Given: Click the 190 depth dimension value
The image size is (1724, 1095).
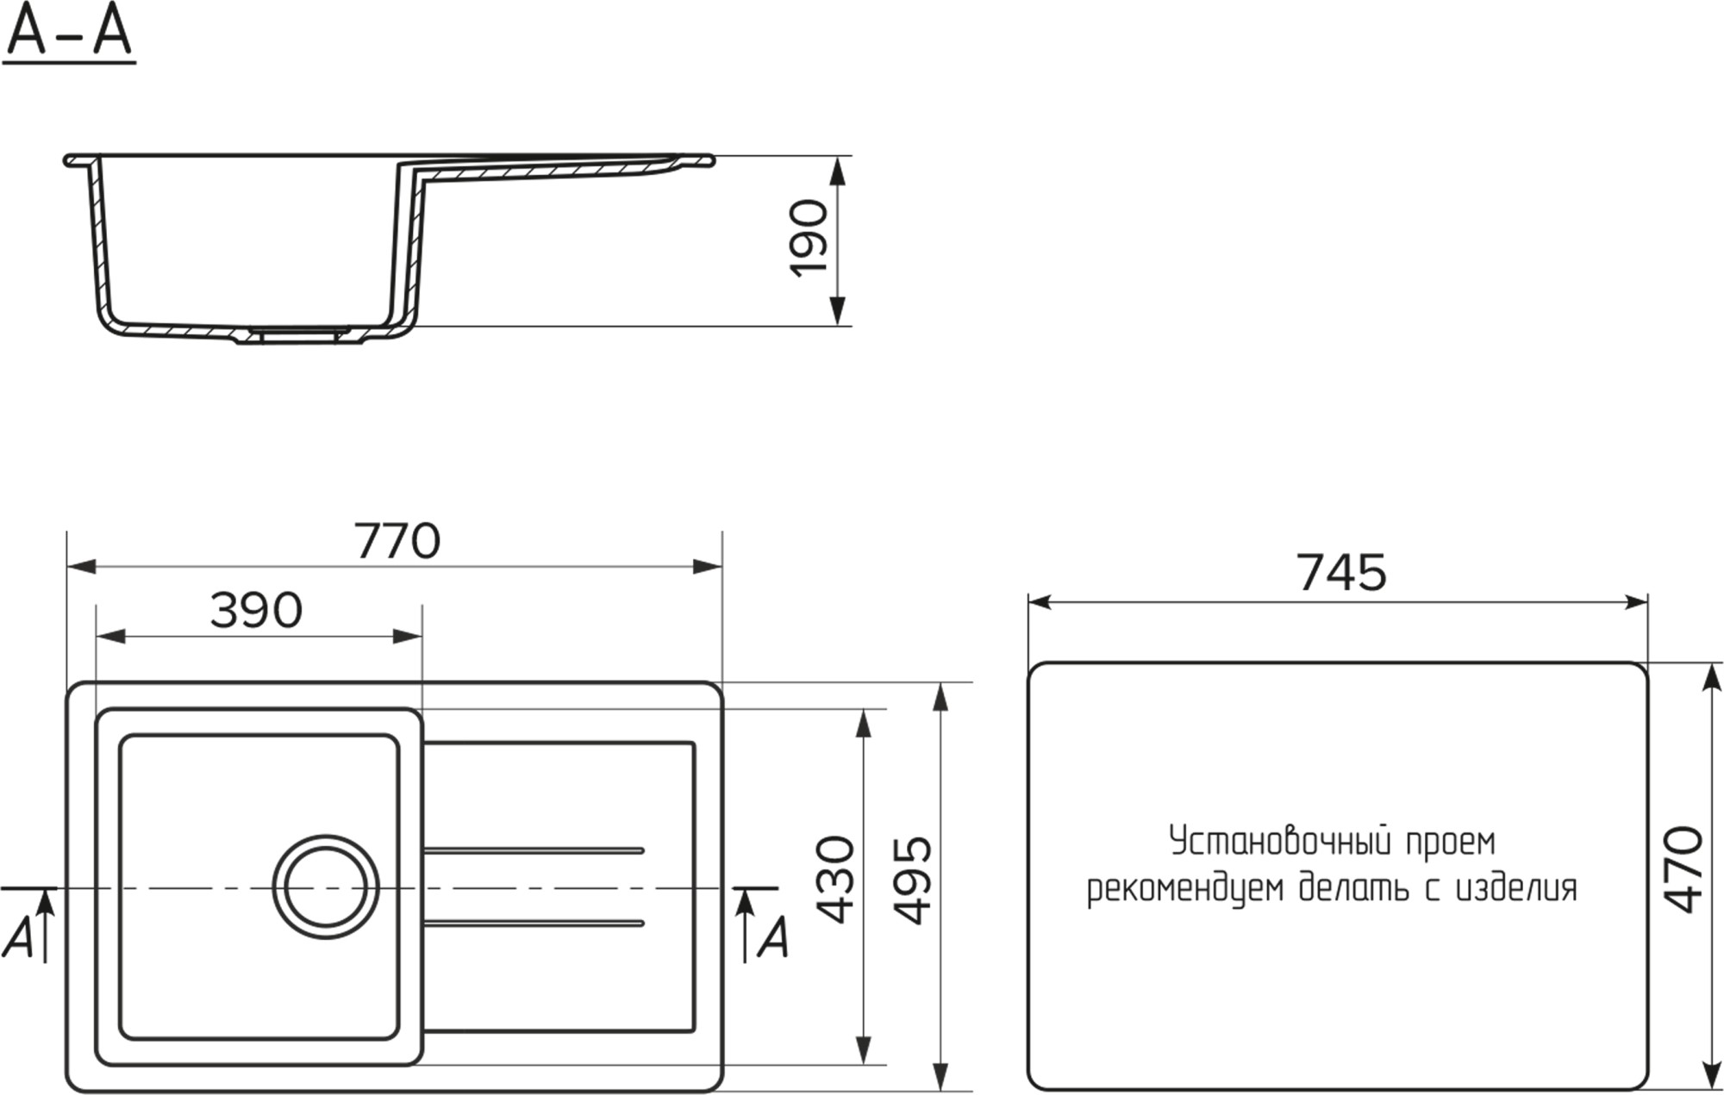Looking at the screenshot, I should pyautogui.click(x=809, y=239).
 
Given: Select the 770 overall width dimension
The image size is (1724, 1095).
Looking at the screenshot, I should pyautogui.click(x=397, y=541).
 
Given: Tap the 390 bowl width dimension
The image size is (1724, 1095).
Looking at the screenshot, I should pyautogui.click(x=256, y=610).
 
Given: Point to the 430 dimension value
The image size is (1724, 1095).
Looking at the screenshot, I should pyautogui.click(x=834, y=879).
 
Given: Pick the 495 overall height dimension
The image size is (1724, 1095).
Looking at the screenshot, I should pyautogui.click(x=912, y=879).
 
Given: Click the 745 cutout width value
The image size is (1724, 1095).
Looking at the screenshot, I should pyautogui.click(x=1341, y=572).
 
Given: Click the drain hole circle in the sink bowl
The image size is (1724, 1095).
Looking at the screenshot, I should pyautogui.click(x=326, y=887).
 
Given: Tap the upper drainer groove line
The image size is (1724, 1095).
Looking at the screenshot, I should pyautogui.click(x=534, y=850).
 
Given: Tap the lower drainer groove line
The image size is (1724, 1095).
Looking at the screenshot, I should pyautogui.click(x=534, y=924).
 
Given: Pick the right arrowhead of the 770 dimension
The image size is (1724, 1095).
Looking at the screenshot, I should pyautogui.click(x=708, y=566).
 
